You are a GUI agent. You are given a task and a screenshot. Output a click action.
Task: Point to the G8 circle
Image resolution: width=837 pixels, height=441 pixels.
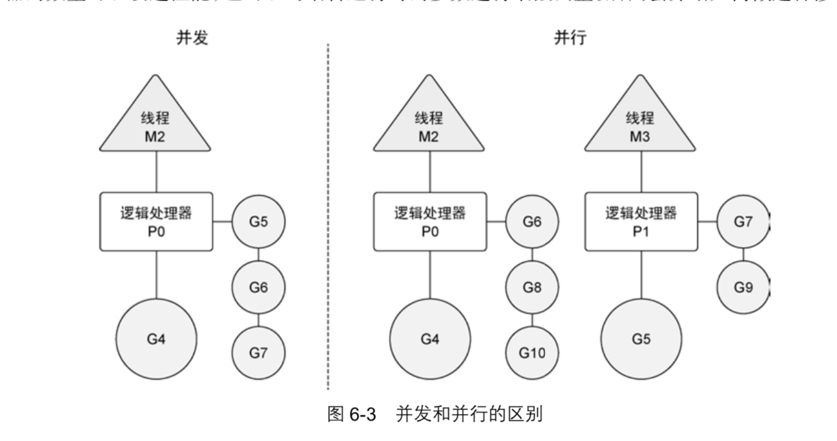(532, 287)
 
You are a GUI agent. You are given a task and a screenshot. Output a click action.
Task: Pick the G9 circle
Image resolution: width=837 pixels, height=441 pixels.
(743, 287)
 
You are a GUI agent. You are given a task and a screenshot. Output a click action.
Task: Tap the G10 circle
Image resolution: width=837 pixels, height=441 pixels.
(532, 353)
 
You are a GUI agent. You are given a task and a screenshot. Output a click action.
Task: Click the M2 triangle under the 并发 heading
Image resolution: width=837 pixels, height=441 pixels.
(156, 119)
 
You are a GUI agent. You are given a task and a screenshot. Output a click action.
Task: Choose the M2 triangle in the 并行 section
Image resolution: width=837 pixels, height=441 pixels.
(430, 119)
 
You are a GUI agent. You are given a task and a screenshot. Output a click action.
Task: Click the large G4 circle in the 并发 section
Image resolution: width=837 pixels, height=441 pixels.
(156, 338)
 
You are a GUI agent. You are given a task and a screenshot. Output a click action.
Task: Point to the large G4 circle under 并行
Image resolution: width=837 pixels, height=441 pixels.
(430, 338)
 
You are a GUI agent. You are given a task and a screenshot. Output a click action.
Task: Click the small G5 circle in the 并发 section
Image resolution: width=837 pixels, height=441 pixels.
(258, 222)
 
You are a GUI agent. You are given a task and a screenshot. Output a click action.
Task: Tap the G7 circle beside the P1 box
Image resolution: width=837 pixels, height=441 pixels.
(743, 222)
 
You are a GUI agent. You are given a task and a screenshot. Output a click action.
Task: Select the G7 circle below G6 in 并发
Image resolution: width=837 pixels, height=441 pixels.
(258, 353)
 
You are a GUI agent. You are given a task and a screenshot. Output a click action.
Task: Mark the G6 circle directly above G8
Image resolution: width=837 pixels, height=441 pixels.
(532, 222)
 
